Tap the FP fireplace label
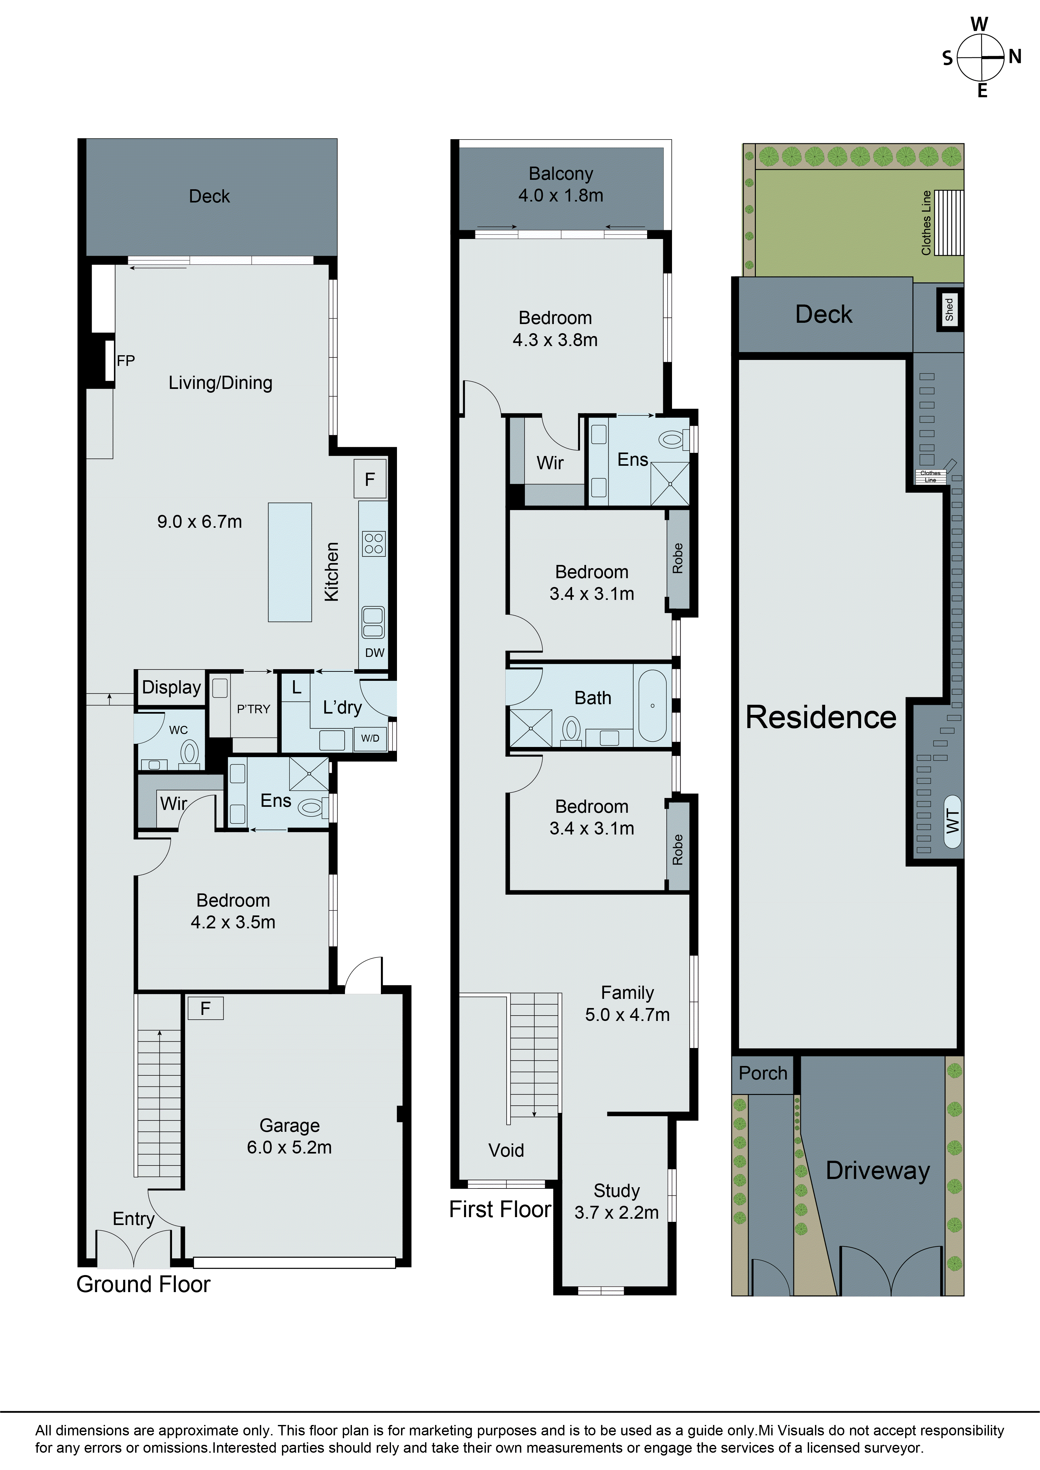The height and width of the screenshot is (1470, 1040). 125,361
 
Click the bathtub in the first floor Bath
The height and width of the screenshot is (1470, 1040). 652,705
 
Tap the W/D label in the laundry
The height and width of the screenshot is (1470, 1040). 370,738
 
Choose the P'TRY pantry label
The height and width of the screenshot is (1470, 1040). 254,709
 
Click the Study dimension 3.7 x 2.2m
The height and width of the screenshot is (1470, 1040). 616,1212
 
